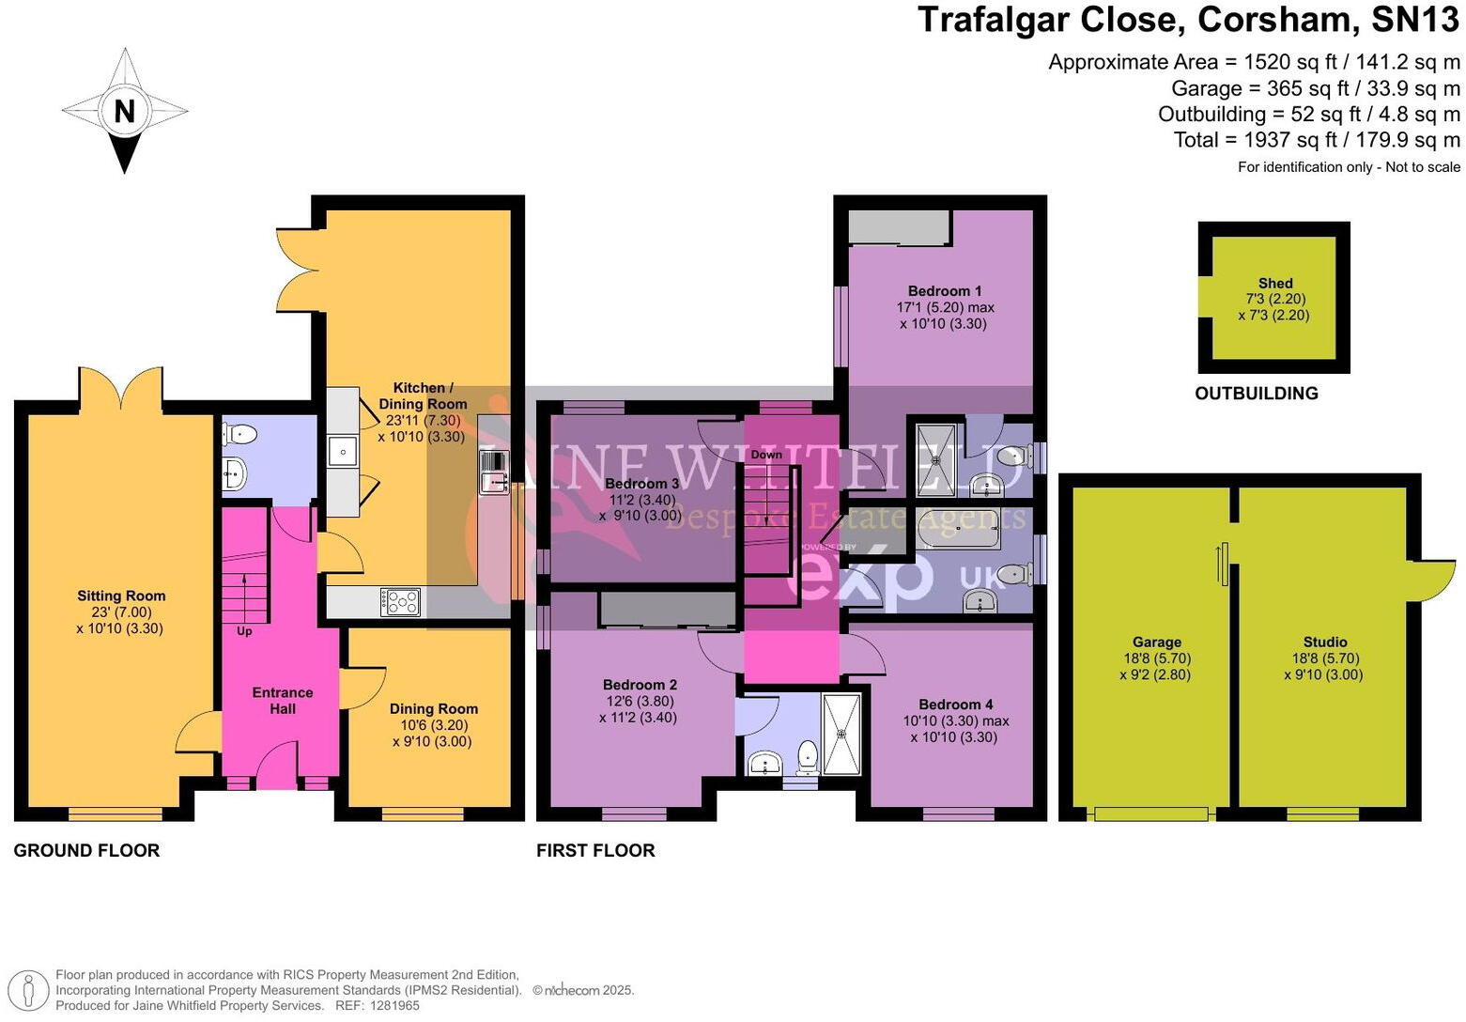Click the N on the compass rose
tap(124, 111)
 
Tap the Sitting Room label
tap(121, 596)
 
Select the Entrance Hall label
tap(282, 701)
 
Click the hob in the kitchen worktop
tap(400, 601)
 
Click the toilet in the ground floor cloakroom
tap(239, 434)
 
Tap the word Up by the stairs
tap(244, 631)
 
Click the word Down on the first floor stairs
tap(766, 455)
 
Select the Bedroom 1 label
tap(945, 291)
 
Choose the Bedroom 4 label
tap(955, 705)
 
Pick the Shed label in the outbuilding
tap(1274, 283)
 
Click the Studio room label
tap(1324, 643)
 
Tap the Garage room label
tap(1156, 643)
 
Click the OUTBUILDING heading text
tap(1256, 394)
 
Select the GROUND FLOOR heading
tap(86, 850)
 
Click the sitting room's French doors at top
tap(121, 389)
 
